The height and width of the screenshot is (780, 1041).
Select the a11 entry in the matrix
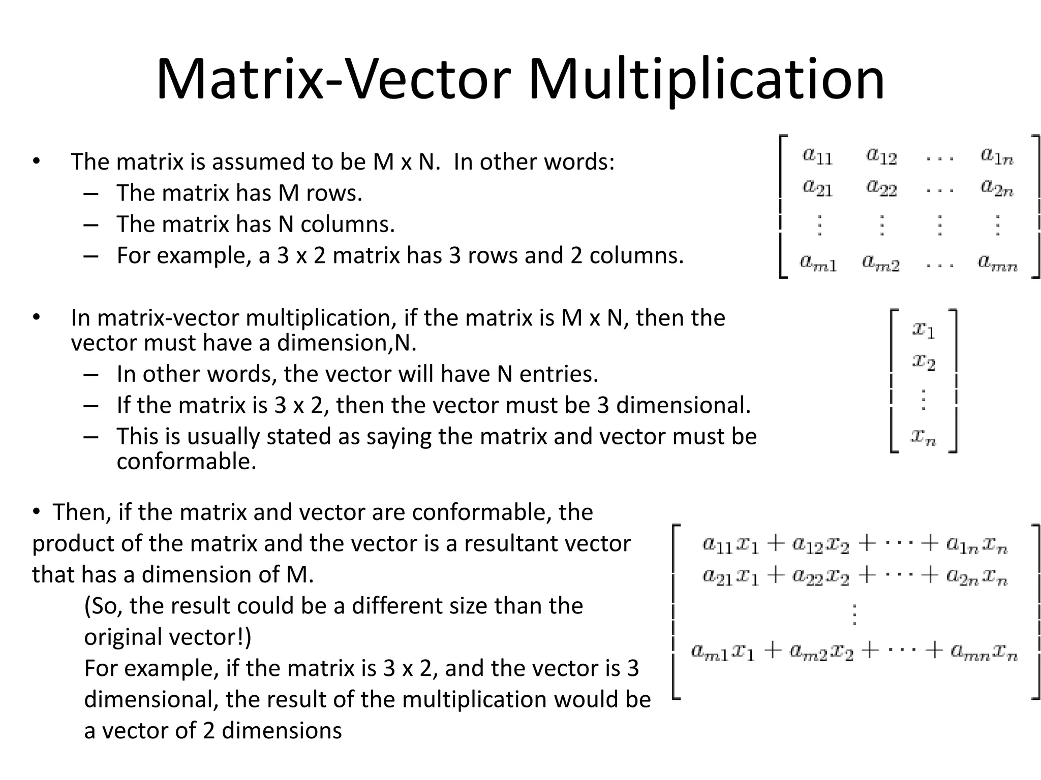(817, 155)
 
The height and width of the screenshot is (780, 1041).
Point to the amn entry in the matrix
(997, 263)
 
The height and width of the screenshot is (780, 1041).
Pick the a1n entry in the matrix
(997, 155)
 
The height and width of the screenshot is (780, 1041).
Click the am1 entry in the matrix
(818, 263)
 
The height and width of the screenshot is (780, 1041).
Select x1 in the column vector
(923, 330)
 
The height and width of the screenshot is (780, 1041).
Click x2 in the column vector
(923, 362)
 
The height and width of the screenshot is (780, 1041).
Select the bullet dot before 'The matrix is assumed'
(36, 162)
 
